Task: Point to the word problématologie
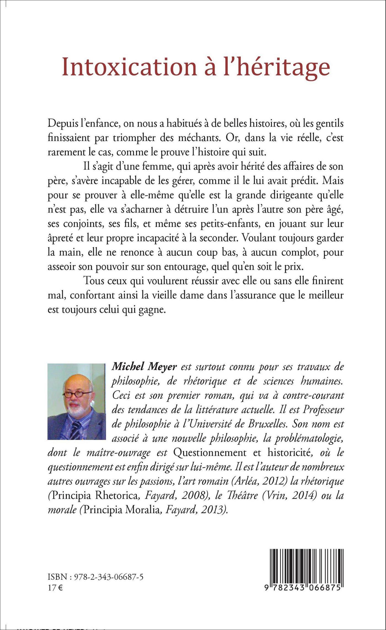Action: click(x=314, y=439)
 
